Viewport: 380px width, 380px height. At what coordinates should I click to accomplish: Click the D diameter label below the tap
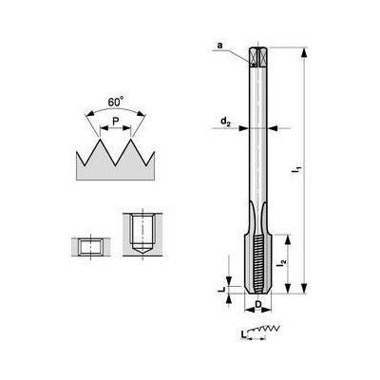coord(258,306)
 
